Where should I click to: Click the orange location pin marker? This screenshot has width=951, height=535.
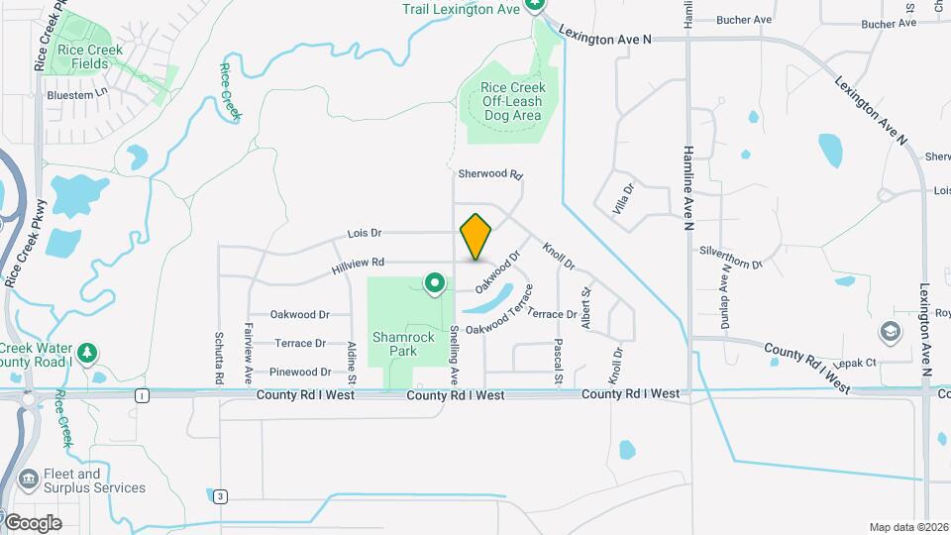tap(476, 236)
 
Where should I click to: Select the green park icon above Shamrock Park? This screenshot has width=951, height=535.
tap(434, 284)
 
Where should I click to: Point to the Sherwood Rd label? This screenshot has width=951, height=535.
tap(489, 173)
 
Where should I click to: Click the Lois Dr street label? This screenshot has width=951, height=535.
tap(365, 234)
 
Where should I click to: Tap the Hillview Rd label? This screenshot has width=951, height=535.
tap(358, 263)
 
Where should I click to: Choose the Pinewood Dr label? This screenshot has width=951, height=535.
tap(300, 372)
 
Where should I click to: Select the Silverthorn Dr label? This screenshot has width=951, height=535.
tap(730, 258)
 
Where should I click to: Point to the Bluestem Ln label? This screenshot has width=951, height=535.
tap(76, 95)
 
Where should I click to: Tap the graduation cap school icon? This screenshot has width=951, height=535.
tap(891, 330)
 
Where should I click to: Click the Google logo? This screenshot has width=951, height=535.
tap(32, 522)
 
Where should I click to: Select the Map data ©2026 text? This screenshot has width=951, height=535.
tap(907, 527)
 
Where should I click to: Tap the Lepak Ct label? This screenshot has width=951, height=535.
tap(858, 363)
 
